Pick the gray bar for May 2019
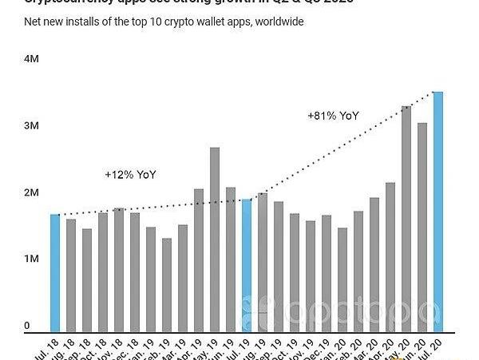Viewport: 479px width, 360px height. tap(215, 239)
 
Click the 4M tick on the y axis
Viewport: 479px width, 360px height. tap(31, 59)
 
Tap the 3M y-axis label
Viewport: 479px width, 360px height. tap(31, 126)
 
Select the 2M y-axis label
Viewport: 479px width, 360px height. tap(31, 192)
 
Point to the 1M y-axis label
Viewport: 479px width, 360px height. tap(31, 259)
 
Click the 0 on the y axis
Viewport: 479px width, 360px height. tap(27, 326)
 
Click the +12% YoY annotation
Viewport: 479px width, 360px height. tap(130, 174)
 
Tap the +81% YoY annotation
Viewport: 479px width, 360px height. tap(333, 116)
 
